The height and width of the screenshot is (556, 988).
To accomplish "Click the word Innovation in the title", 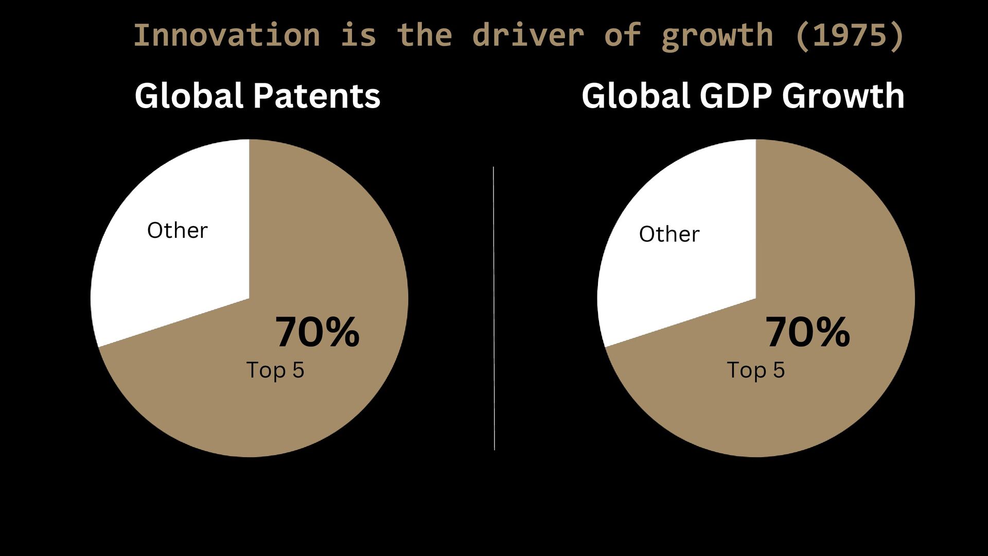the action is (227, 35).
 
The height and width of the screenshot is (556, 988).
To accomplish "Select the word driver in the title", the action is (528, 35).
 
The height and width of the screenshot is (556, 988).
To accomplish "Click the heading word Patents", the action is (317, 96).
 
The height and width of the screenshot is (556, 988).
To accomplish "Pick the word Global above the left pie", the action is (189, 96).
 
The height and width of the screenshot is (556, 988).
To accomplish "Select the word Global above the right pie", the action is (636, 96).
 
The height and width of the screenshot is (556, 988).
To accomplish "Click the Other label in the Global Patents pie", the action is (178, 230).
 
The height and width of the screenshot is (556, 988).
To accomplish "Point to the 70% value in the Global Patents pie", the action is (317, 332).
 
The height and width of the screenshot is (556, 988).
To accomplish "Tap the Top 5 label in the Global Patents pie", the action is (275, 370).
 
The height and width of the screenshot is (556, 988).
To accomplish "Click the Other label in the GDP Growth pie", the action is (669, 234).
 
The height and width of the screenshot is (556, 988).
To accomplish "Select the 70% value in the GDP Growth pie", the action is (808, 332).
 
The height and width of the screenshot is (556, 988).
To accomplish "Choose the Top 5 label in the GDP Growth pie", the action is (756, 370).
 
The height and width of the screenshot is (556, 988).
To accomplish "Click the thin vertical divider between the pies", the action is (494, 308).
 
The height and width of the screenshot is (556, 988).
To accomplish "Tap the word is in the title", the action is (359, 35).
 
